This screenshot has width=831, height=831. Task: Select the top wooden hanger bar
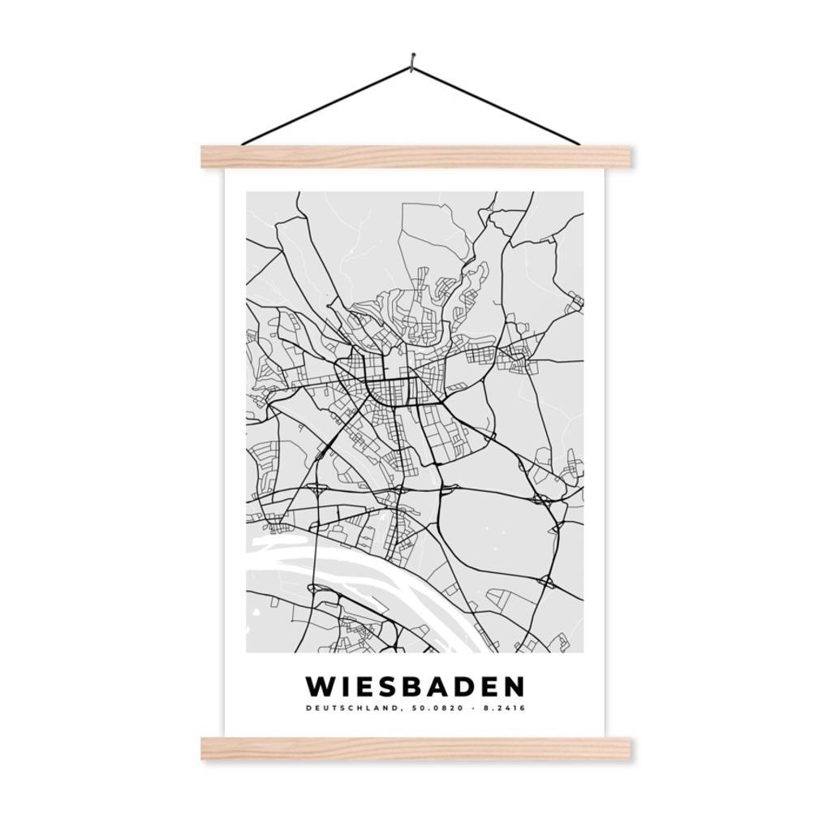coord(415,157)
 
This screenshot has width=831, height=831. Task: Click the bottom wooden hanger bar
coord(415,748)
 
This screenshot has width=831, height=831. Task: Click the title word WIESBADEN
coord(415,687)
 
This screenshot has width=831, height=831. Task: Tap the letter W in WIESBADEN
coord(321,687)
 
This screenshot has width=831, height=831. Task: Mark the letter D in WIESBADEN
coord(464,687)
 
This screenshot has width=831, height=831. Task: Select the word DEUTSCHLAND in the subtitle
coord(351,708)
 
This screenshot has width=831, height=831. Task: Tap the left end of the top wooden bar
coord(207,157)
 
